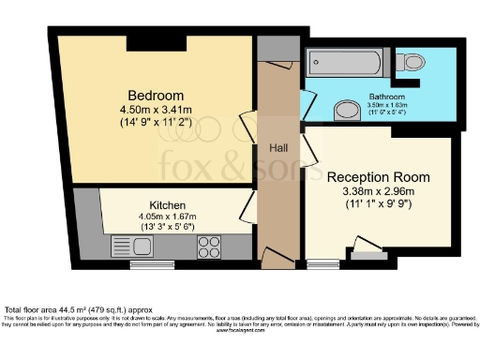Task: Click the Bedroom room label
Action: tap(156, 95)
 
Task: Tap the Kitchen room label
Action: tap(167, 204)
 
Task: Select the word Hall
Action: tap(279, 148)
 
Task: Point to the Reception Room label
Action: tap(378, 176)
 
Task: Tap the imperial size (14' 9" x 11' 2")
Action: tap(156, 122)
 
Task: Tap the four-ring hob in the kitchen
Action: tap(208, 247)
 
